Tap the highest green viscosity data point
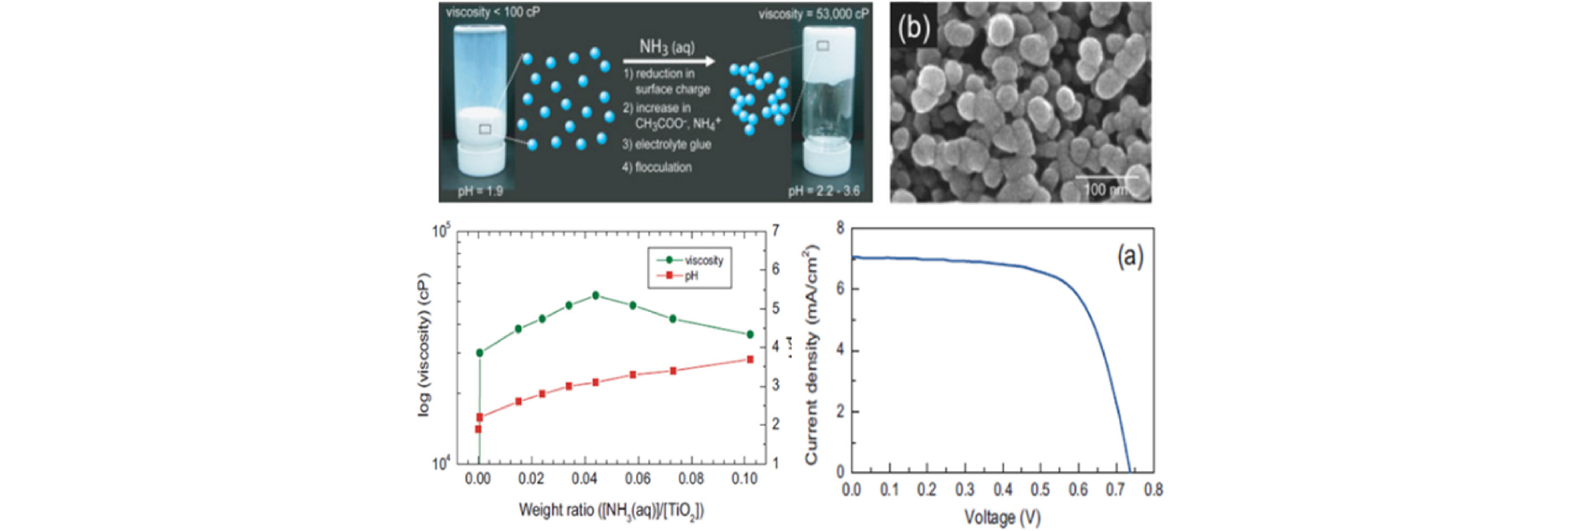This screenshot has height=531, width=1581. (x=595, y=295)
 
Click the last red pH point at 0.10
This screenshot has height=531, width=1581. (x=750, y=359)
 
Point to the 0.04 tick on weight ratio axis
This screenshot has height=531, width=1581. (x=584, y=478)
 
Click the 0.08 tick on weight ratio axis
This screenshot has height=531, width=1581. (x=691, y=478)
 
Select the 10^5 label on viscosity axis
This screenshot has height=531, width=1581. (x=441, y=232)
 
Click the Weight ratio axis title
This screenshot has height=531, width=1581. (x=611, y=511)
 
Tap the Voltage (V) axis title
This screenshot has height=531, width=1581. (x=1002, y=518)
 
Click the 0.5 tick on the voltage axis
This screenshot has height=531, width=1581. (x=1040, y=490)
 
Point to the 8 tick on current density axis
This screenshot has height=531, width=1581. (x=840, y=228)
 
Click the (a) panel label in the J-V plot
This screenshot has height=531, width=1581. (x=1130, y=256)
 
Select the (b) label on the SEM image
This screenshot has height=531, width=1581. (x=913, y=28)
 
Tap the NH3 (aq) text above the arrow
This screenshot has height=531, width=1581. (x=666, y=47)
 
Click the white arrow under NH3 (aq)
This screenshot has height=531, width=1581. (x=668, y=61)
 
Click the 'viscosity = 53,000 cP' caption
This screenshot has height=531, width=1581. (x=813, y=14)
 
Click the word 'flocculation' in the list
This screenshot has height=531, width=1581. (x=663, y=167)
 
